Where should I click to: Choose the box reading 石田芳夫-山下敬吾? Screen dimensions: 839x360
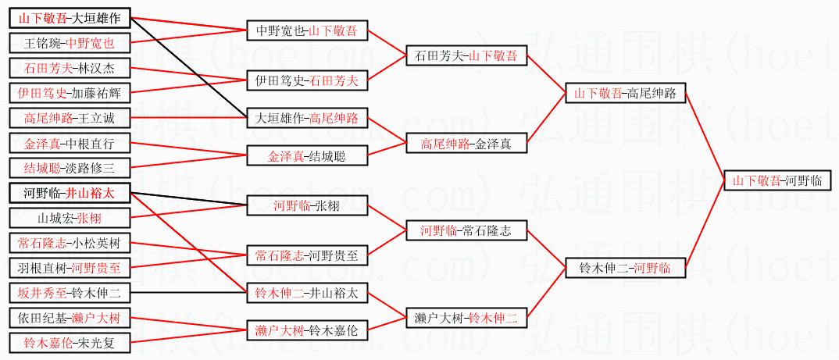pos(466,55)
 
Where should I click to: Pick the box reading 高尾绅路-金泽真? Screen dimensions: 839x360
pos(466,144)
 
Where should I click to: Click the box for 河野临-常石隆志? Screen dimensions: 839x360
pos(466,231)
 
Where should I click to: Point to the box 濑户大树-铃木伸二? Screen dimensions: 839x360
pos(466,319)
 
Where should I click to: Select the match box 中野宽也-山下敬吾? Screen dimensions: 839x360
pos(306,31)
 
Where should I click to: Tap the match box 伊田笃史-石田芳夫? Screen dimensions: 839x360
pos(306,80)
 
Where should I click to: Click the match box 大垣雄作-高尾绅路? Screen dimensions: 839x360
pos(306,119)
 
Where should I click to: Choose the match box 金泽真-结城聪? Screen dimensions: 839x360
pos(306,156)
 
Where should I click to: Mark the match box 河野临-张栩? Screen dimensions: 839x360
pos(306,206)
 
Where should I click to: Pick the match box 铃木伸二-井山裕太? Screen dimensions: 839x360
pos(306,294)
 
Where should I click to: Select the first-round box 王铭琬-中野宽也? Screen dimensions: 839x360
pos(70,43)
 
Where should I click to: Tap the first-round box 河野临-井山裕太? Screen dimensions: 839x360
pos(70,193)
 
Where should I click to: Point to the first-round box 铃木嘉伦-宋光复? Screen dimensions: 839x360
pos(70,342)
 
